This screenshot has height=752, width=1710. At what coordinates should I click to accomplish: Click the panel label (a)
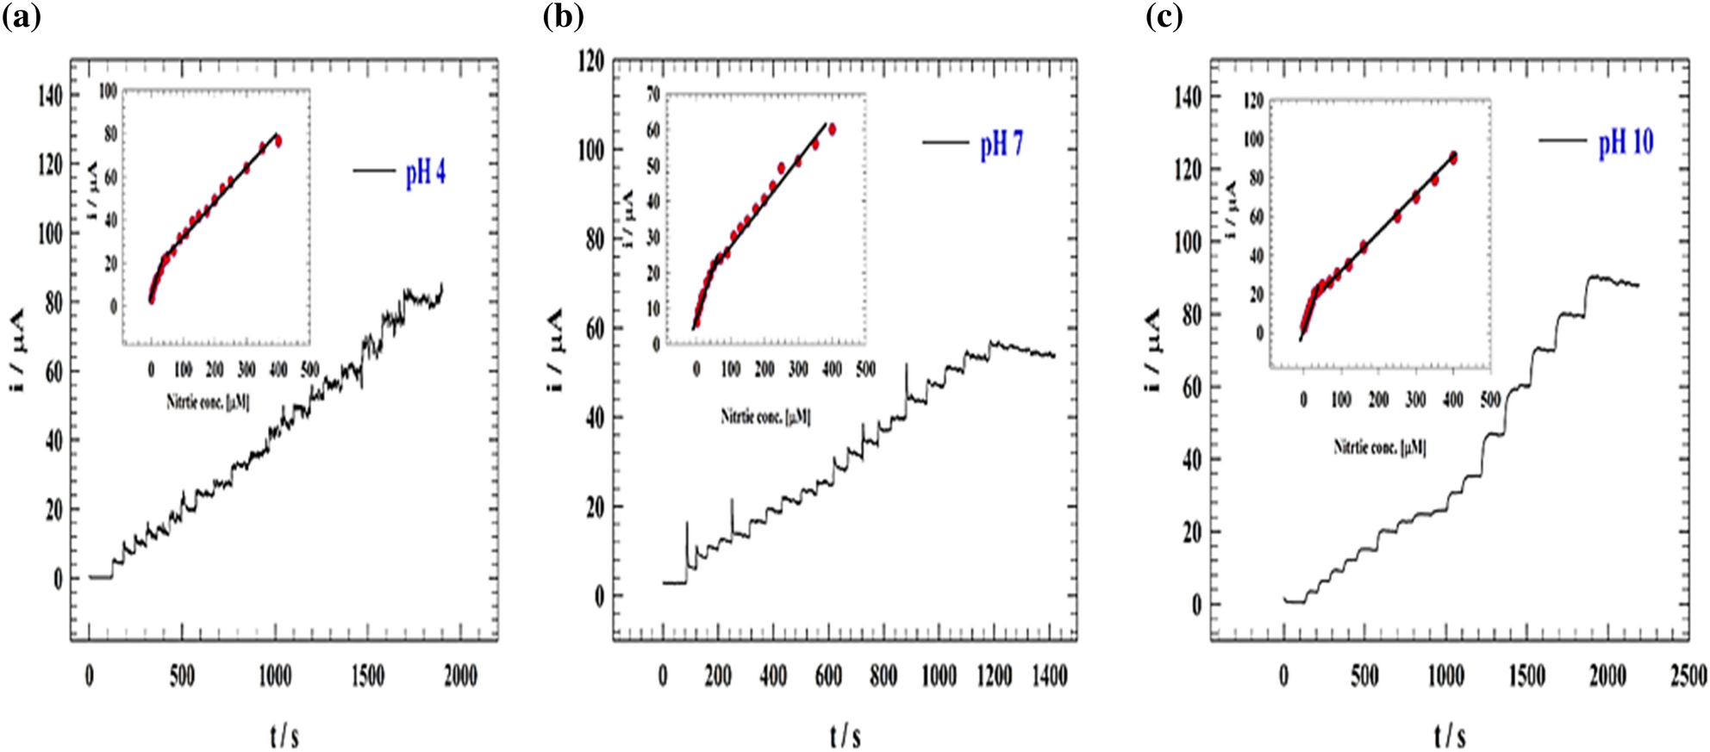tap(22, 17)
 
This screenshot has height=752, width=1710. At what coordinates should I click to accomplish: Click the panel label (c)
tap(1164, 17)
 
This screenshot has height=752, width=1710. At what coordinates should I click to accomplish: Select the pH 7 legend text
tap(1002, 145)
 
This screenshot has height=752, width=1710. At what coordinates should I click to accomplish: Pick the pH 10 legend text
tap(1626, 142)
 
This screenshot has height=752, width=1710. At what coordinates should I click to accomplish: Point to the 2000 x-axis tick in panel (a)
tap(460, 676)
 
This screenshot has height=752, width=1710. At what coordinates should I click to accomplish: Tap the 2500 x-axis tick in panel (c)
tap(1688, 676)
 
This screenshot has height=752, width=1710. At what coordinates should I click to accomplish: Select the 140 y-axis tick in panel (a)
tap(50, 96)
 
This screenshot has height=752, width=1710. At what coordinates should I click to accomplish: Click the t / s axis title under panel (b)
tap(846, 736)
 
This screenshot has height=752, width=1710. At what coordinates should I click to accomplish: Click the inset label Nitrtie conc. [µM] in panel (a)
tap(208, 401)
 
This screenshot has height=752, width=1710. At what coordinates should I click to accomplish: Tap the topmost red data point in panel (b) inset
tap(832, 129)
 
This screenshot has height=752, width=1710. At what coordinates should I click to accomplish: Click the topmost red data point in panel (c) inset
tap(1453, 158)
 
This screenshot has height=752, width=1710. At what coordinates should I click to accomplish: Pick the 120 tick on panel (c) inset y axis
tap(1252, 102)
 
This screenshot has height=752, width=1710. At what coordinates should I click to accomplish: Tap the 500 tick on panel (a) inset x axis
tap(309, 370)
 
